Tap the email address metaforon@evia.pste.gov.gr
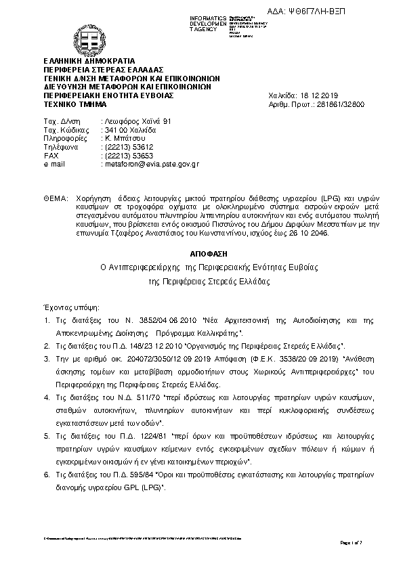(149, 164)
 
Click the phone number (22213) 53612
(126, 146)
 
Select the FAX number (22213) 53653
(126, 155)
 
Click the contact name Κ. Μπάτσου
(121, 137)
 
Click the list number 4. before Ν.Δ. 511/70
(46, 393)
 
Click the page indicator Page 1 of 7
(352, 543)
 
